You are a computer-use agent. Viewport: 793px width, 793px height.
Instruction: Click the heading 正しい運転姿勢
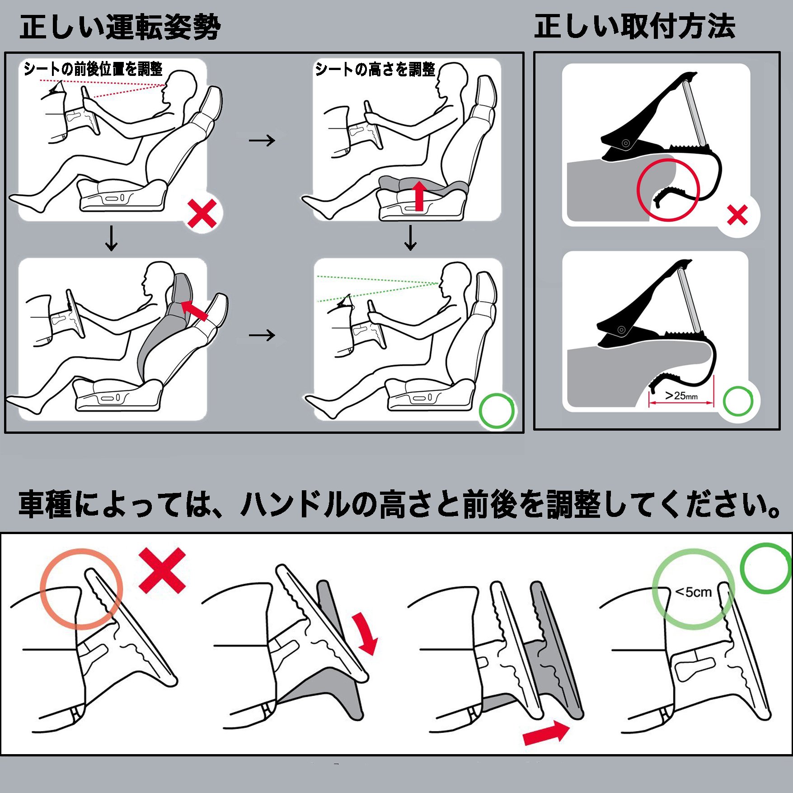tap(120, 27)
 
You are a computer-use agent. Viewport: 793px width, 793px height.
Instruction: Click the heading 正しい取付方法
tap(635, 26)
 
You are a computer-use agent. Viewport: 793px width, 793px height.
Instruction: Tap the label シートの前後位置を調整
tap(93, 69)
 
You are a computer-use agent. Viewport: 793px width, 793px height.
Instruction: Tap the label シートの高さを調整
tap(375, 69)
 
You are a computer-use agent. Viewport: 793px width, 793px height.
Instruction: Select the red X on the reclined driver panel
tap(202, 214)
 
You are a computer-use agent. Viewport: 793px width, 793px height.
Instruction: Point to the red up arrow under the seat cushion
tap(420, 195)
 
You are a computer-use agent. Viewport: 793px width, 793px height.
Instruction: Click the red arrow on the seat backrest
tap(194, 310)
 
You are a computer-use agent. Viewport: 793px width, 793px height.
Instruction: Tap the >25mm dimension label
tap(681, 396)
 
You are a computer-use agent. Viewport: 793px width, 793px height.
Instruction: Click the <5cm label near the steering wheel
tap(693, 592)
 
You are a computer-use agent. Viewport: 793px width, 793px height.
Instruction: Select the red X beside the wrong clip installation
tap(737, 215)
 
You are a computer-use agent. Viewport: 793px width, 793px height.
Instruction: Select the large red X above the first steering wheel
tap(162, 570)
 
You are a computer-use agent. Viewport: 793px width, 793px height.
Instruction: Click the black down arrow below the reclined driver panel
tap(111, 238)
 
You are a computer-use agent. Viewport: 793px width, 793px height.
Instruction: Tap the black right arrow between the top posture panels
tap(262, 140)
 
